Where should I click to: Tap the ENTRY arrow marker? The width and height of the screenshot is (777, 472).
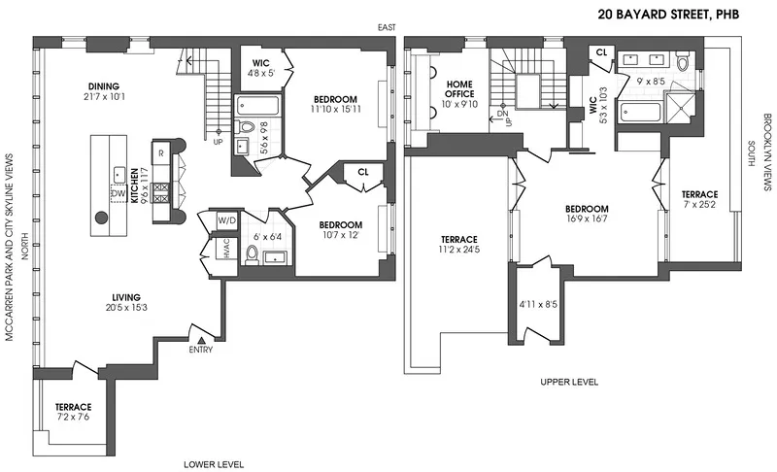click(x=201, y=339)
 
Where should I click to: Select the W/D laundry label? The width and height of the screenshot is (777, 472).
click(x=226, y=220)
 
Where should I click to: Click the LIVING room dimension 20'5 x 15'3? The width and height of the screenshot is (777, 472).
click(x=126, y=308)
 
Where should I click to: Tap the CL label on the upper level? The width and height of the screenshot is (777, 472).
click(x=601, y=52)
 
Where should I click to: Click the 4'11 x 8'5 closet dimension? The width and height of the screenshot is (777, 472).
click(x=535, y=304)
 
